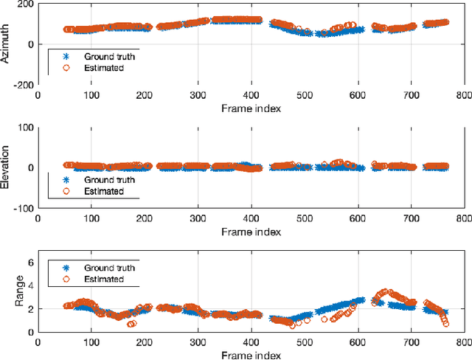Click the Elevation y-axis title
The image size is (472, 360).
6,167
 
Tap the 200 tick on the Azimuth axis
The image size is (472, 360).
25,4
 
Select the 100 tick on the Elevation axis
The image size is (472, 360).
25,128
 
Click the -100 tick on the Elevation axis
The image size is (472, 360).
24,208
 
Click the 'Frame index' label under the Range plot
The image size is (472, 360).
251,356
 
